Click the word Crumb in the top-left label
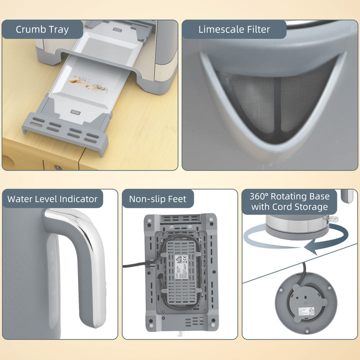(x=31, y=29)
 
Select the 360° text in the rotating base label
(x=260, y=195)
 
